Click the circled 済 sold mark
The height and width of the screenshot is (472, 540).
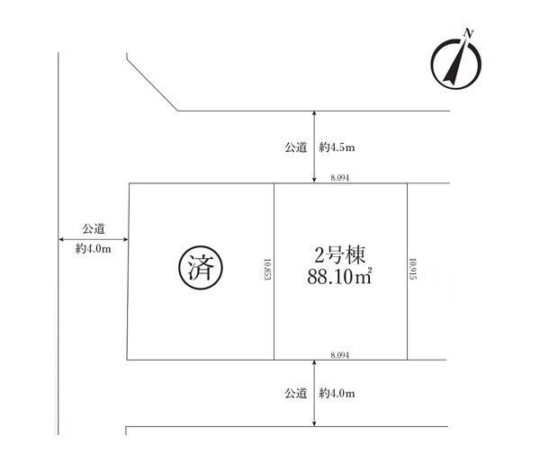(x=201, y=267)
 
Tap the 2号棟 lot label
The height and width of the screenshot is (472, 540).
(x=339, y=255)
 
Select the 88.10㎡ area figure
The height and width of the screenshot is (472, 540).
(x=339, y=276)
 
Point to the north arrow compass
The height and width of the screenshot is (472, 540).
(x=456, y=62)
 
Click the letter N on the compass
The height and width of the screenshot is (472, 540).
(x=468, y=33)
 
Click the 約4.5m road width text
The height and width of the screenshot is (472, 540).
(x=337, y=147)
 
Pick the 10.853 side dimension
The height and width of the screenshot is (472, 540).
(x=267, y=270)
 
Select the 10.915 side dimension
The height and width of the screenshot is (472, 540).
(x=412, y=269)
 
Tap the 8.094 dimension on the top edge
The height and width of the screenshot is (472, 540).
(x=340, y=178)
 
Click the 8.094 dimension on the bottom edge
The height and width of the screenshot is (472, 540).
(x=340, y=355)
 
